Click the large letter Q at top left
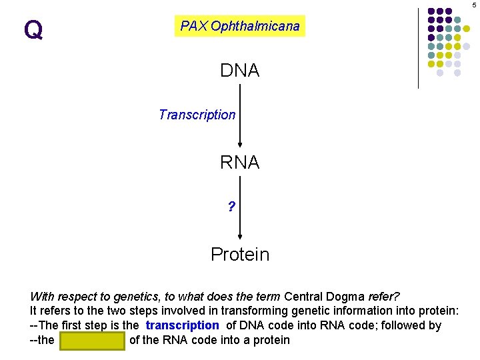33,29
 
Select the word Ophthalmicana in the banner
255,27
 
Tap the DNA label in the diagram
240,71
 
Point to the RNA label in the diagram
240,163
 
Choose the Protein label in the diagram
240,255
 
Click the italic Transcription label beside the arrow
197,115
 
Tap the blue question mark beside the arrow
231,207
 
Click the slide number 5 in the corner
474,4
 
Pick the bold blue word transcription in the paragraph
182,325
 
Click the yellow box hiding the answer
92,340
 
